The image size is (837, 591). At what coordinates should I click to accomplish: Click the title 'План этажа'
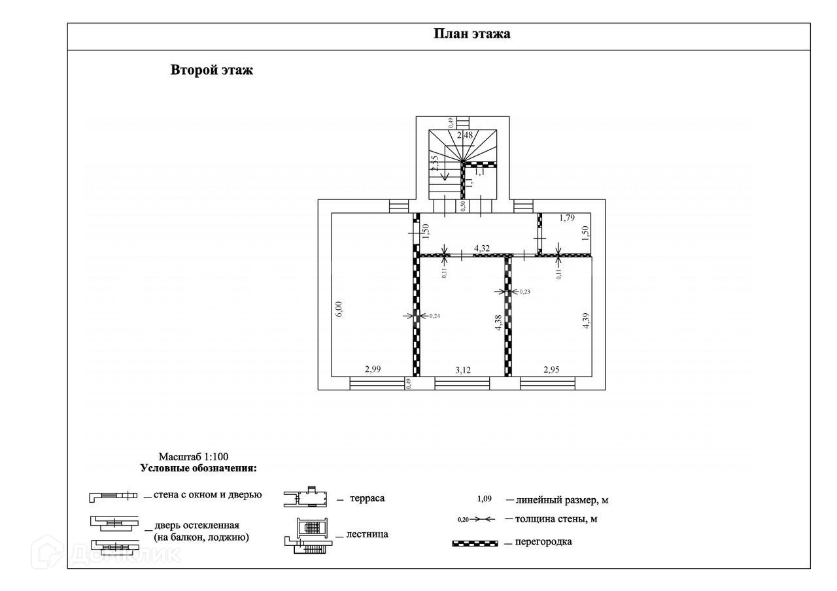(471, 34)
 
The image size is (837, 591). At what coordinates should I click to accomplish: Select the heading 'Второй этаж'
(211, 70)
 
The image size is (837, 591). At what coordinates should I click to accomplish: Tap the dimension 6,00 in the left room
(338, 309)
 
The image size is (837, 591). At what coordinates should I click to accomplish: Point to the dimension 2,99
(373, 369)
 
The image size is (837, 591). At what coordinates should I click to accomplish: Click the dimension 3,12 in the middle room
(462, 370)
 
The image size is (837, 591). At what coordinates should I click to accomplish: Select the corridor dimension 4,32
(482, 248)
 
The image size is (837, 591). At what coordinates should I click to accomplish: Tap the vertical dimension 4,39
(587, 321)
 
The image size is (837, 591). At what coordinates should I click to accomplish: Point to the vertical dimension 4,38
(498, 323)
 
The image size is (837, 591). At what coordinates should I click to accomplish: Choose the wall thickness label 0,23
(524, 292)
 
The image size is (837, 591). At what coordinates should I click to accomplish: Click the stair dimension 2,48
(464, 135)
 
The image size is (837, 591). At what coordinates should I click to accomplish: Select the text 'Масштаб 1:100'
(194, 457)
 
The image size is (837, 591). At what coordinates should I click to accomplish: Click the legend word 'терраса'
(367, 498)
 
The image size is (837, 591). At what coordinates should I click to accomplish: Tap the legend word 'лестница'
(369, 534)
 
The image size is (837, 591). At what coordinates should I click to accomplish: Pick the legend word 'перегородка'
(543, 541)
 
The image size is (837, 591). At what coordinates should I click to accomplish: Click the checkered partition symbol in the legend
(475, 543)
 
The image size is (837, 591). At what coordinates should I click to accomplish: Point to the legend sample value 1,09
(484, 499)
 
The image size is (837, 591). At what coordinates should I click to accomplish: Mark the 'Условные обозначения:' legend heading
(198, 468)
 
